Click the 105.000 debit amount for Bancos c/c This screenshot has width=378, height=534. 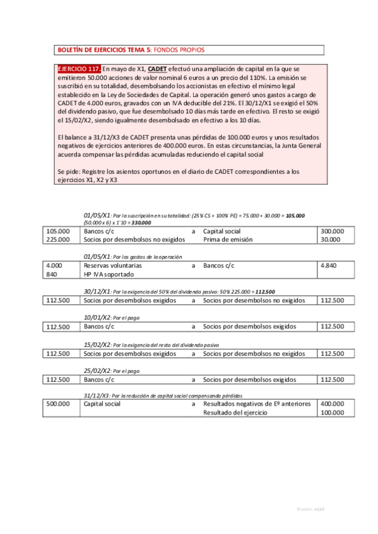click(x=58, y=231)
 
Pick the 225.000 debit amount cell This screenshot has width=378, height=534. click(x=58, y=239)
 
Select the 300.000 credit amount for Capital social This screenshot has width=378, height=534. click(x=333, y=231)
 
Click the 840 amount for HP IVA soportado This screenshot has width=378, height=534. click(x=52, y=274)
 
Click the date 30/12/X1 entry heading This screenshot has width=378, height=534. click(x=97, y=292)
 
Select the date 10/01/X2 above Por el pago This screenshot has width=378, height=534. click(x=97, y=317)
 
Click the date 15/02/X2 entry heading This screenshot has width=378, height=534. click(x=97, y=344)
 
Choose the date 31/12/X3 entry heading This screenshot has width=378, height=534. click(x=97, y=394)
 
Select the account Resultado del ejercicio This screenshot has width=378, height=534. click(x=237, y=412)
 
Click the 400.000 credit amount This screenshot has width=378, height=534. click(x=333, y=404)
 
